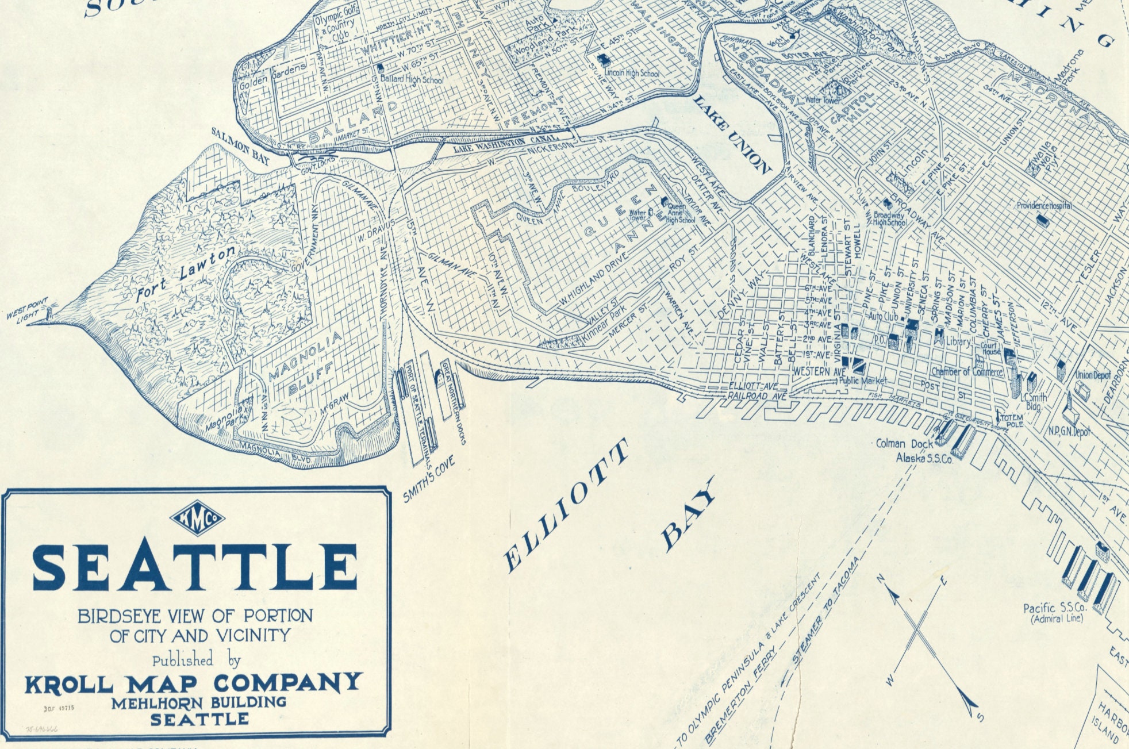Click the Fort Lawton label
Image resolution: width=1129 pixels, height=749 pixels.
pos(185,274)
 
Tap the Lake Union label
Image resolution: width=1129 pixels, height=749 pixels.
pos(732,135)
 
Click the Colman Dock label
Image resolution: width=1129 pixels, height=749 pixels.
pos(901,444)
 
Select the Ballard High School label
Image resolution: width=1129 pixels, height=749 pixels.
pos(412,79)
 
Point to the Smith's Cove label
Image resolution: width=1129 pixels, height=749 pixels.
pos(429,479)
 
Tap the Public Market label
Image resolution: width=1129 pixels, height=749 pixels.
pos(863,381)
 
